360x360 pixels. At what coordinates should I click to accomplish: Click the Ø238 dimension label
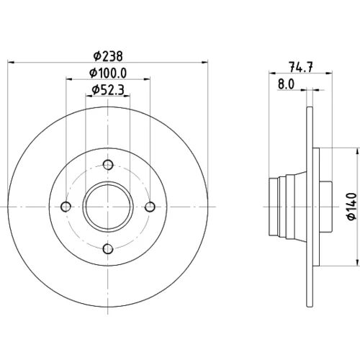tap(108, 56)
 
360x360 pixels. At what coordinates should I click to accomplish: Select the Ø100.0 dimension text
tap(108, 73)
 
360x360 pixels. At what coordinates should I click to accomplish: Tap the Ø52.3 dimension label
tap(108, 90)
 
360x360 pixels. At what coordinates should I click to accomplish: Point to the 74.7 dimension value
tap(301, 67)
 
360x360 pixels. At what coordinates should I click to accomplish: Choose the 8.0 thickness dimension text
tap(286, 84)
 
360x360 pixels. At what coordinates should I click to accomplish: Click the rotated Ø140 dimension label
tap(351, 207)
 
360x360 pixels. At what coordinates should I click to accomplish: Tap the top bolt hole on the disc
tap(108, 165)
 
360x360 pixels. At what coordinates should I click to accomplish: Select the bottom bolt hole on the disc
tap(108, 249)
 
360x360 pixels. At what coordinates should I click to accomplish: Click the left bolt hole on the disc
tap(66, 207)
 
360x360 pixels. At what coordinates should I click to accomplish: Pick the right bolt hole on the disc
tap(150, 207)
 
